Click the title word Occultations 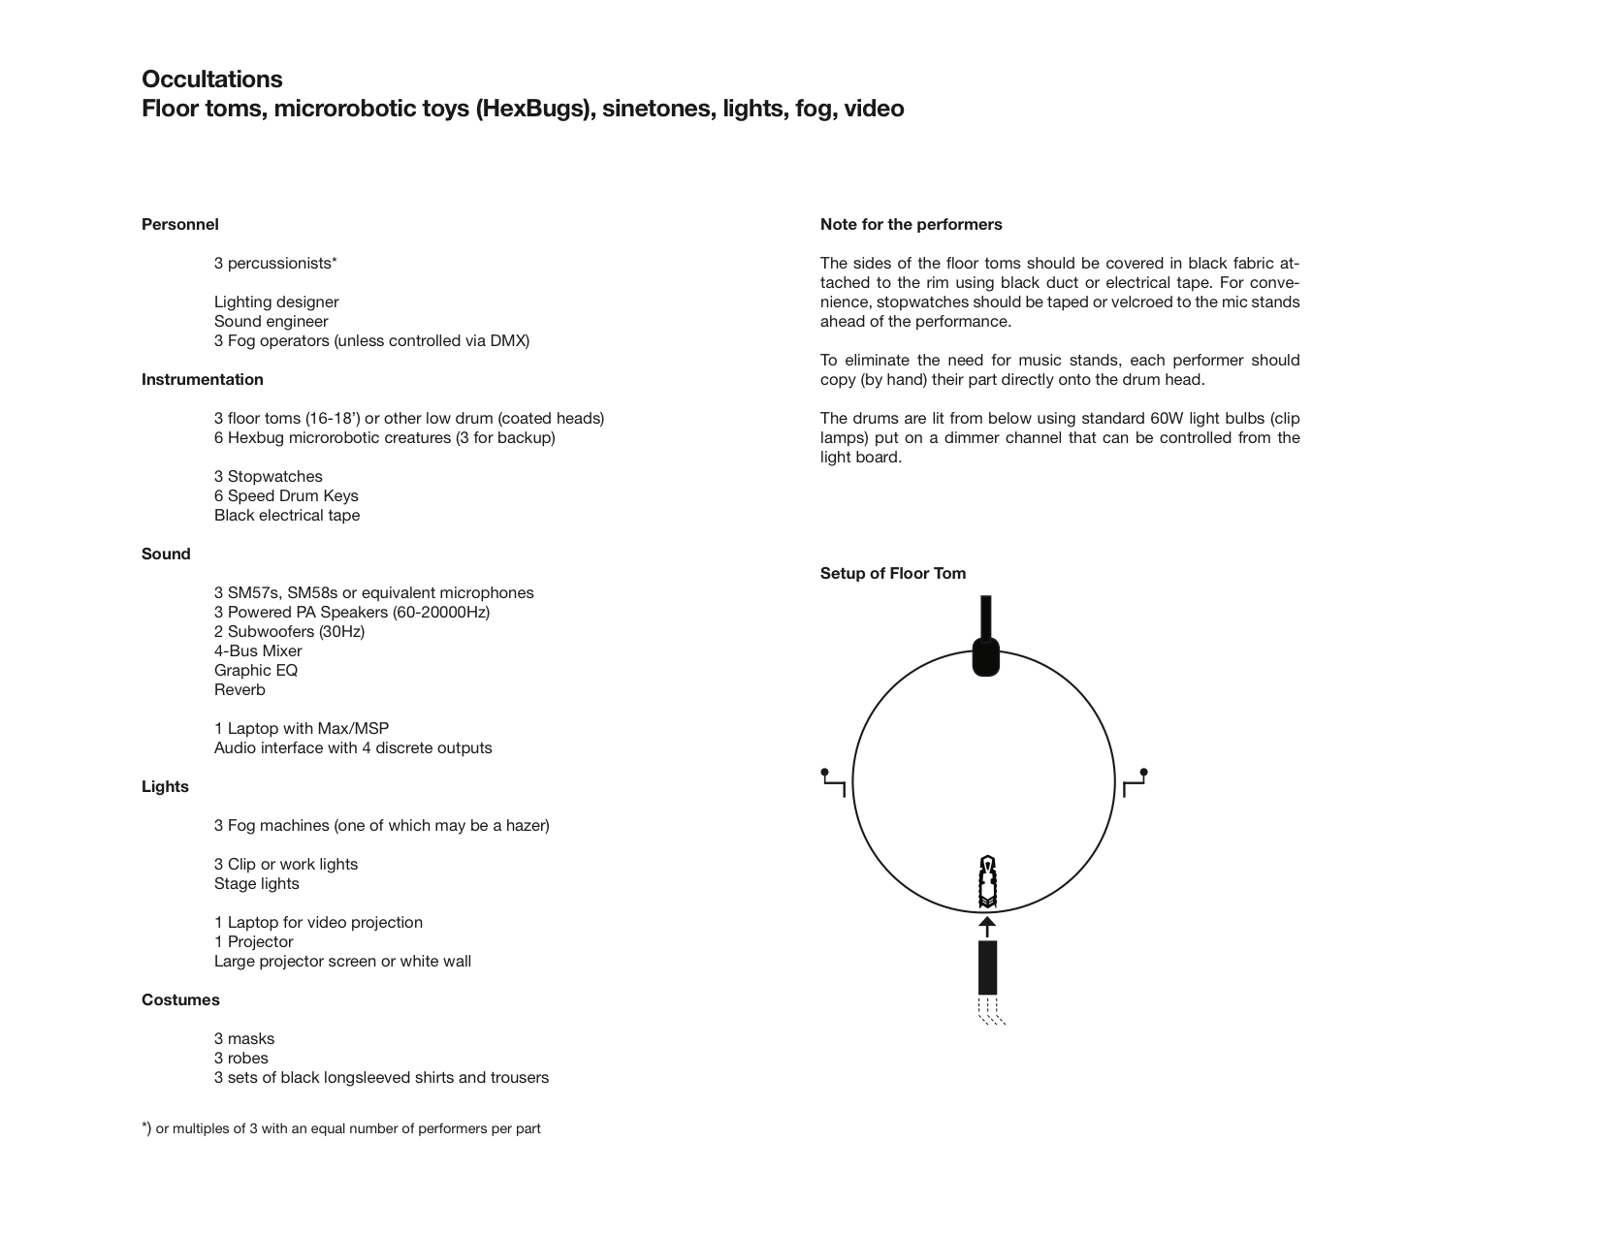[x=212, y=79]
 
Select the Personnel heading [x=180, y=225]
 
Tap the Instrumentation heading [x=203, y=380]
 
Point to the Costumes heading [x=180, y=1000]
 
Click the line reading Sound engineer [x=272, y=322]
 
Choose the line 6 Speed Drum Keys [x=286, y=496]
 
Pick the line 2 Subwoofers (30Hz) [x=289, y=632]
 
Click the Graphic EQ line [x=256, y=671]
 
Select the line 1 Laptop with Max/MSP [x=302, y=729]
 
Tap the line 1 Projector [x=254, y=942]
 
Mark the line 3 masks [x=244, y=1039]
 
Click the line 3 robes [x=241, y=1059]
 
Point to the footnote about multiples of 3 [x=341, y=1128]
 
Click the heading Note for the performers [x=912, y=225]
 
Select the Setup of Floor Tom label [x=893, y=574]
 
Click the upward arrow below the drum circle [x=987, y=927]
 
